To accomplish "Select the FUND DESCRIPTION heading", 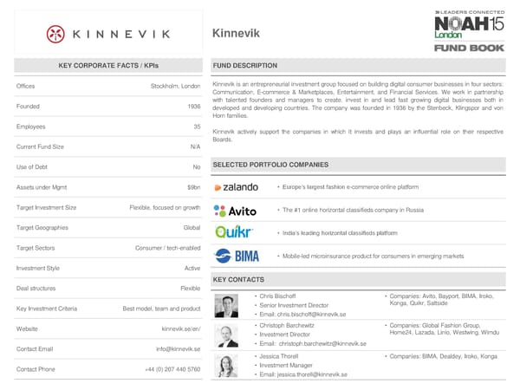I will [x=245, y=66].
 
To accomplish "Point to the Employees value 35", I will [x=196, y=127].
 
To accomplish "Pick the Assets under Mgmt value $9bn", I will [x=193, y=187].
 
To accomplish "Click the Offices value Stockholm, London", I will [x=176, y=86].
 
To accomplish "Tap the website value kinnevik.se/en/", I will [x=181, y=328].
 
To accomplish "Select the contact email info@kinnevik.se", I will [x=179, y=349].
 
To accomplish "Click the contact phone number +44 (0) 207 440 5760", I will [x=172, y=370].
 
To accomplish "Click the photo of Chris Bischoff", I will [x=228, y=306].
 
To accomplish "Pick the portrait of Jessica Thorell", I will [x=228, y=365].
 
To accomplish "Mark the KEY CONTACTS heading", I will [x=239, y=279].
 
